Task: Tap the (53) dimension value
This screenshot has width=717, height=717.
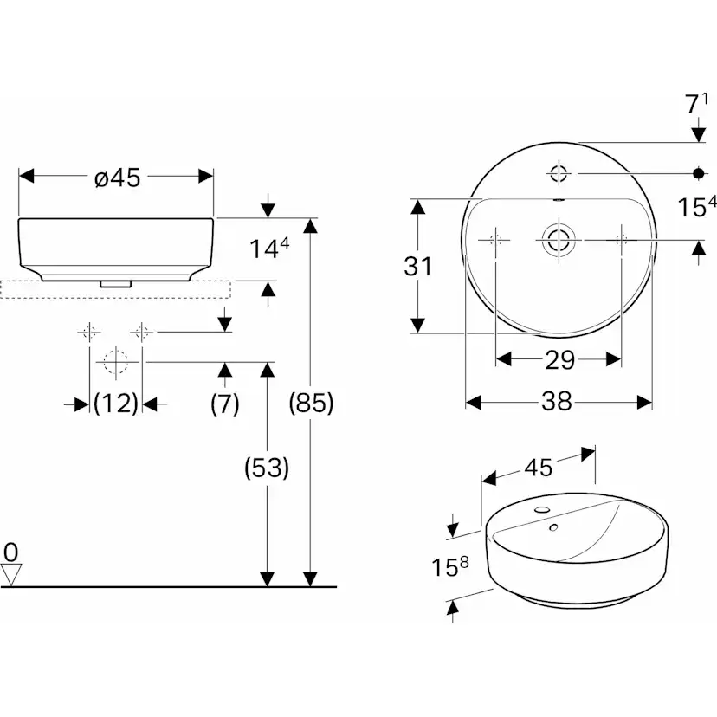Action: click(267, 468)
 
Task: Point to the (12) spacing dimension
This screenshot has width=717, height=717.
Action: click(116, 404)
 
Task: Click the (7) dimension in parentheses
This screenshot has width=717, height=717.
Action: click(224, 404)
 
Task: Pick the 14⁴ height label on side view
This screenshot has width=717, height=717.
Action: click(269, 249)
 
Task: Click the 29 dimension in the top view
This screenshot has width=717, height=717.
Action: click(559, 359)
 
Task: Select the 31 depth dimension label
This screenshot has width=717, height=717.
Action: click(418, 267)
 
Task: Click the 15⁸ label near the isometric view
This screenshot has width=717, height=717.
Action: click(451, 568)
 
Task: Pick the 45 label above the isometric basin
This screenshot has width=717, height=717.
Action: click(537, 468)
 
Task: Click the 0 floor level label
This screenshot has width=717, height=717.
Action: click(10, 552)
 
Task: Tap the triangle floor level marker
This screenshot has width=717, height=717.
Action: click(11, 573)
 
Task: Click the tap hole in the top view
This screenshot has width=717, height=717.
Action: click(559, 173)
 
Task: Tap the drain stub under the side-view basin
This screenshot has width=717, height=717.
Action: click(116, 282)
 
